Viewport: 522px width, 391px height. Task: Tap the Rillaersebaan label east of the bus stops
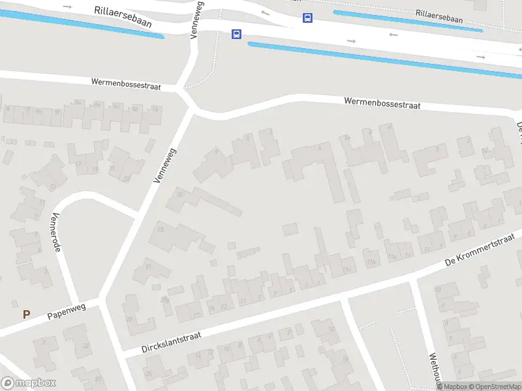(x=438, y=16)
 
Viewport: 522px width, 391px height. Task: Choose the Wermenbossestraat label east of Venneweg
(x=382, y=103)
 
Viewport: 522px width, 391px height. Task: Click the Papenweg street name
(x=67, y=312)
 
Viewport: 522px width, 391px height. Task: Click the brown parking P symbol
(x=26, y=314)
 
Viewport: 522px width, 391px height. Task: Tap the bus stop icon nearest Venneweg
(x=236, y=34)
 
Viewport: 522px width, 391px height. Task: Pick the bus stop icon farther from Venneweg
(x=307, y=18)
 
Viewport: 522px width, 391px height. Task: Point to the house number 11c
(x=348, y=268)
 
